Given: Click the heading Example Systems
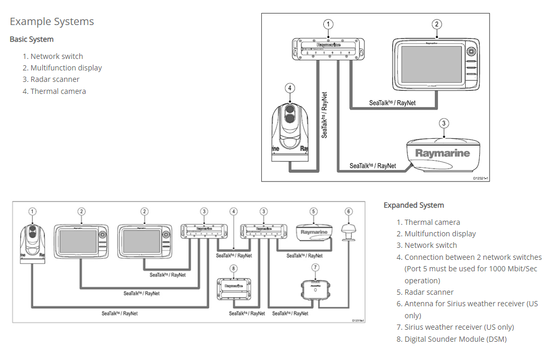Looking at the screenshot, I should tap(52, 21).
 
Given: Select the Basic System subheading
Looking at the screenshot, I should tap(31, 39).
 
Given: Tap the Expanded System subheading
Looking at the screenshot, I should tap(414, 205).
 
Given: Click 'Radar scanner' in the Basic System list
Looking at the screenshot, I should tap(55, 79).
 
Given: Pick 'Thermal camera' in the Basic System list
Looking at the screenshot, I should tap(58, 91).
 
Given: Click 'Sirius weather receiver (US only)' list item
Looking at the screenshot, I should tap(459, 327).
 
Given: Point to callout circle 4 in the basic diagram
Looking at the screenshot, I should tap(290, 88).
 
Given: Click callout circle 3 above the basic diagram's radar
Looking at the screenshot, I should tap(443, 124).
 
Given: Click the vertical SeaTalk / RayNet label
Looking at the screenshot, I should tap(324, 115).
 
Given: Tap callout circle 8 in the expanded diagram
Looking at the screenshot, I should tap(233, 268).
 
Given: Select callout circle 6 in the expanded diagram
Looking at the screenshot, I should tap(348, 211).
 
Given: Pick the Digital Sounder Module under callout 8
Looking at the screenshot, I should tap(233, 289).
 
